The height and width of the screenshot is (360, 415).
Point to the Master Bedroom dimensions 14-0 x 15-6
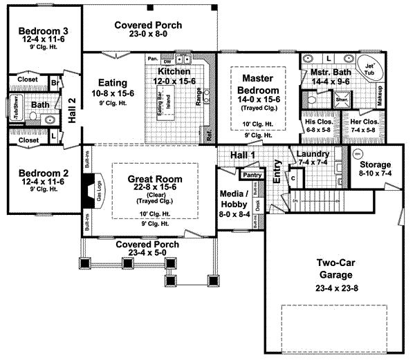tap(255, 100)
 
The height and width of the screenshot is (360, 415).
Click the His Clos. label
tap(319, 122)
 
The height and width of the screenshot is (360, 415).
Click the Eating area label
tap(112, 81)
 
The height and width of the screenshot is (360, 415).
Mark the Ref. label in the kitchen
tap(210, 135)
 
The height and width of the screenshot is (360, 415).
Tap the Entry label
tap(277, 171)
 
